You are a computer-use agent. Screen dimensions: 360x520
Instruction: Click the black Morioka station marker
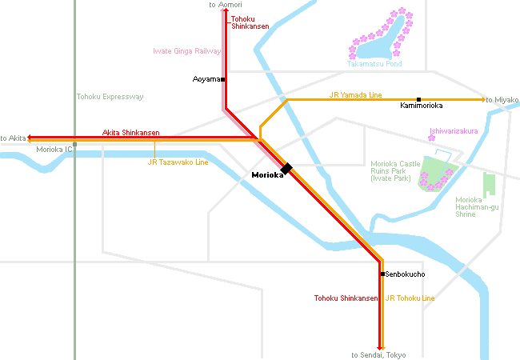[286, 168]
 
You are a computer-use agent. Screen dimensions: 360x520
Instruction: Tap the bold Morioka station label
[267, 175]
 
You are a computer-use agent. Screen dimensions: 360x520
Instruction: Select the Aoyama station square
[223, 79]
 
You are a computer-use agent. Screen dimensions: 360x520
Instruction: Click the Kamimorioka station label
[421, 105]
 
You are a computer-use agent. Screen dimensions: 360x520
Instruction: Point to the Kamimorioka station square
[418, 99]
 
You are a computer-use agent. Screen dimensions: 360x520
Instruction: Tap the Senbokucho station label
[406, 274]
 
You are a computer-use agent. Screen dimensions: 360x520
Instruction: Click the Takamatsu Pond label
[374, 63]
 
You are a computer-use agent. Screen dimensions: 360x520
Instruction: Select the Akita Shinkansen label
[130, 132]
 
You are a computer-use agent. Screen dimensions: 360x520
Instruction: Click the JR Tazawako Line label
[178, 162]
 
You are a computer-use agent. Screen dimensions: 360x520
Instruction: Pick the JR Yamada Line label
[355, 94]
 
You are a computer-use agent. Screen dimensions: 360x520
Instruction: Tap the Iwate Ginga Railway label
[186, 51]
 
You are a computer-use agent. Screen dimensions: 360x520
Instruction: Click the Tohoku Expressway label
[110, 97]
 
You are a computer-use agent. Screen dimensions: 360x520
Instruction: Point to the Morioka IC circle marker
[74, 145]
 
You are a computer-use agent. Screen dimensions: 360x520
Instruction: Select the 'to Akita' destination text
[14, 138]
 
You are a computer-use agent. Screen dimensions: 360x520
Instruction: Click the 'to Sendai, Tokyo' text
[379, 354]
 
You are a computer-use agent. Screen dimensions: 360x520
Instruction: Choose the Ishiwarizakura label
[454, 130]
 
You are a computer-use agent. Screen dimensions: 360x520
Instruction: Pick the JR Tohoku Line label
[410, 298]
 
